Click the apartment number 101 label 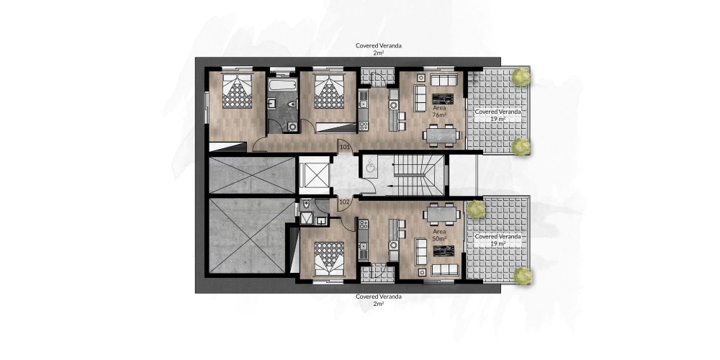tap(345, 148)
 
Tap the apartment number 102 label tap(344, 201)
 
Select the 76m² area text tap(439, 114)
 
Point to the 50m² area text tap(439, 239)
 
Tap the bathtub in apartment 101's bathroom tap(282, 85)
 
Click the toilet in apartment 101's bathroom tap(291, 104)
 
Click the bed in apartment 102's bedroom tap(329, 259)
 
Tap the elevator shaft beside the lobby tap(314, 175)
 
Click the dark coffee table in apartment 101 tap(443, 99)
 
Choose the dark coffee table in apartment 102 tap(444, 251)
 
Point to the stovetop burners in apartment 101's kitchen tap(363, 125)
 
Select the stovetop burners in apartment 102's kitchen tap(363, 225)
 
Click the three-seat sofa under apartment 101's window tap(444, 79)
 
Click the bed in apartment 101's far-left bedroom tap(237, 90)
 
